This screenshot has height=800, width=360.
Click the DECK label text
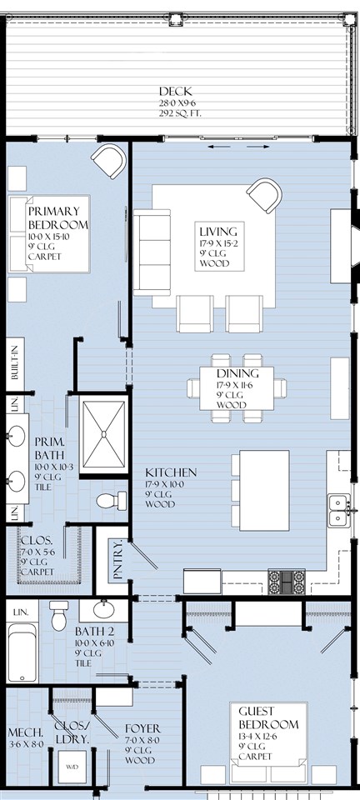(176, 91)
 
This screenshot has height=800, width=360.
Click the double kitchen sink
(338, 509)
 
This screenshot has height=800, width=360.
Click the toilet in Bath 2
(59, 617)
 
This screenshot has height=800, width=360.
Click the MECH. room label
(25, 732)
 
